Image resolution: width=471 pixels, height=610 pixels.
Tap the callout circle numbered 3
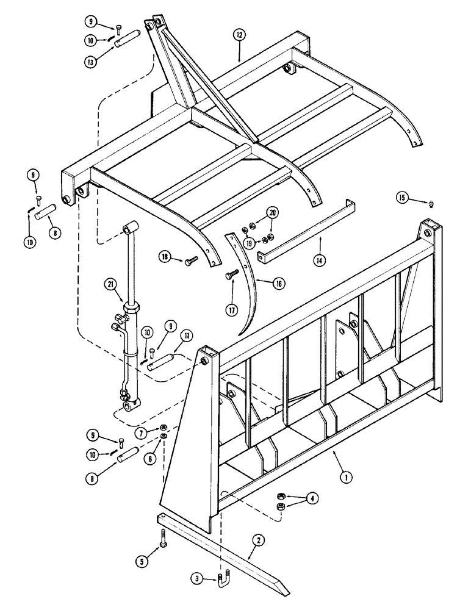coord(196,577)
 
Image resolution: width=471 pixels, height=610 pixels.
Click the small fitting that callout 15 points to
coord(431,202)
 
